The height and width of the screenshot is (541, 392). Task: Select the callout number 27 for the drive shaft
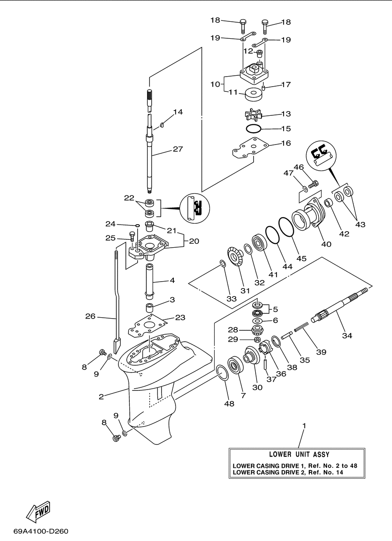click(178, 149)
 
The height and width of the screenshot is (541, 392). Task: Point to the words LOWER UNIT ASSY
click(299, 454)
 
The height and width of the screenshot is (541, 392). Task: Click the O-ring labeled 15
click(253, 128)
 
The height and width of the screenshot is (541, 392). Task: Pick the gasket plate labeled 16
click(250, 148)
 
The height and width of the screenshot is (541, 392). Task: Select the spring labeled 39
click(301, 326)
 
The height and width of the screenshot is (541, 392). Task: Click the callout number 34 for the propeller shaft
click(347, 336)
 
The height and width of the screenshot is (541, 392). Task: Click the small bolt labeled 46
click(313, 184)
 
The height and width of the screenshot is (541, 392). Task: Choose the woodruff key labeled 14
click(162, 125)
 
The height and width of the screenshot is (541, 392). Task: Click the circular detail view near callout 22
click(195, 208)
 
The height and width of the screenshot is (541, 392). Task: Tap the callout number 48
click(229, 403)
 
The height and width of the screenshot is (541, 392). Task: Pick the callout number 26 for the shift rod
click(91, 316)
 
